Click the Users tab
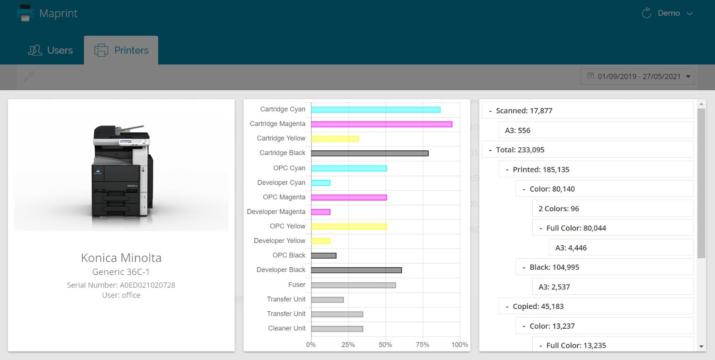click(50, 50)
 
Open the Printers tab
click(121, 50)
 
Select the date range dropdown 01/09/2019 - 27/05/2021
click(638, 76)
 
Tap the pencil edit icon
click(29, 76)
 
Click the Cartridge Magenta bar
click(381, 124)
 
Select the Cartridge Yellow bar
click(335, 138)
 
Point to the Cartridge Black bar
click(370, 153)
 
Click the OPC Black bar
click(324, 255)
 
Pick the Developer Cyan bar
click(320, 183)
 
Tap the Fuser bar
click(353, 285)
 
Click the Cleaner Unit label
click(286, 328)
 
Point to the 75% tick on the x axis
click(422, 345)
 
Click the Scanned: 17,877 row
click(587, 111)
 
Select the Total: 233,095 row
click(587, 150)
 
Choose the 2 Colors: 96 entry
click(612, 209)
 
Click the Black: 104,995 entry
click(604, 267)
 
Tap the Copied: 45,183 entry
click(596, 306)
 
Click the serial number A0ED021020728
click(147, 285)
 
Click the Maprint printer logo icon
click(25, 13)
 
